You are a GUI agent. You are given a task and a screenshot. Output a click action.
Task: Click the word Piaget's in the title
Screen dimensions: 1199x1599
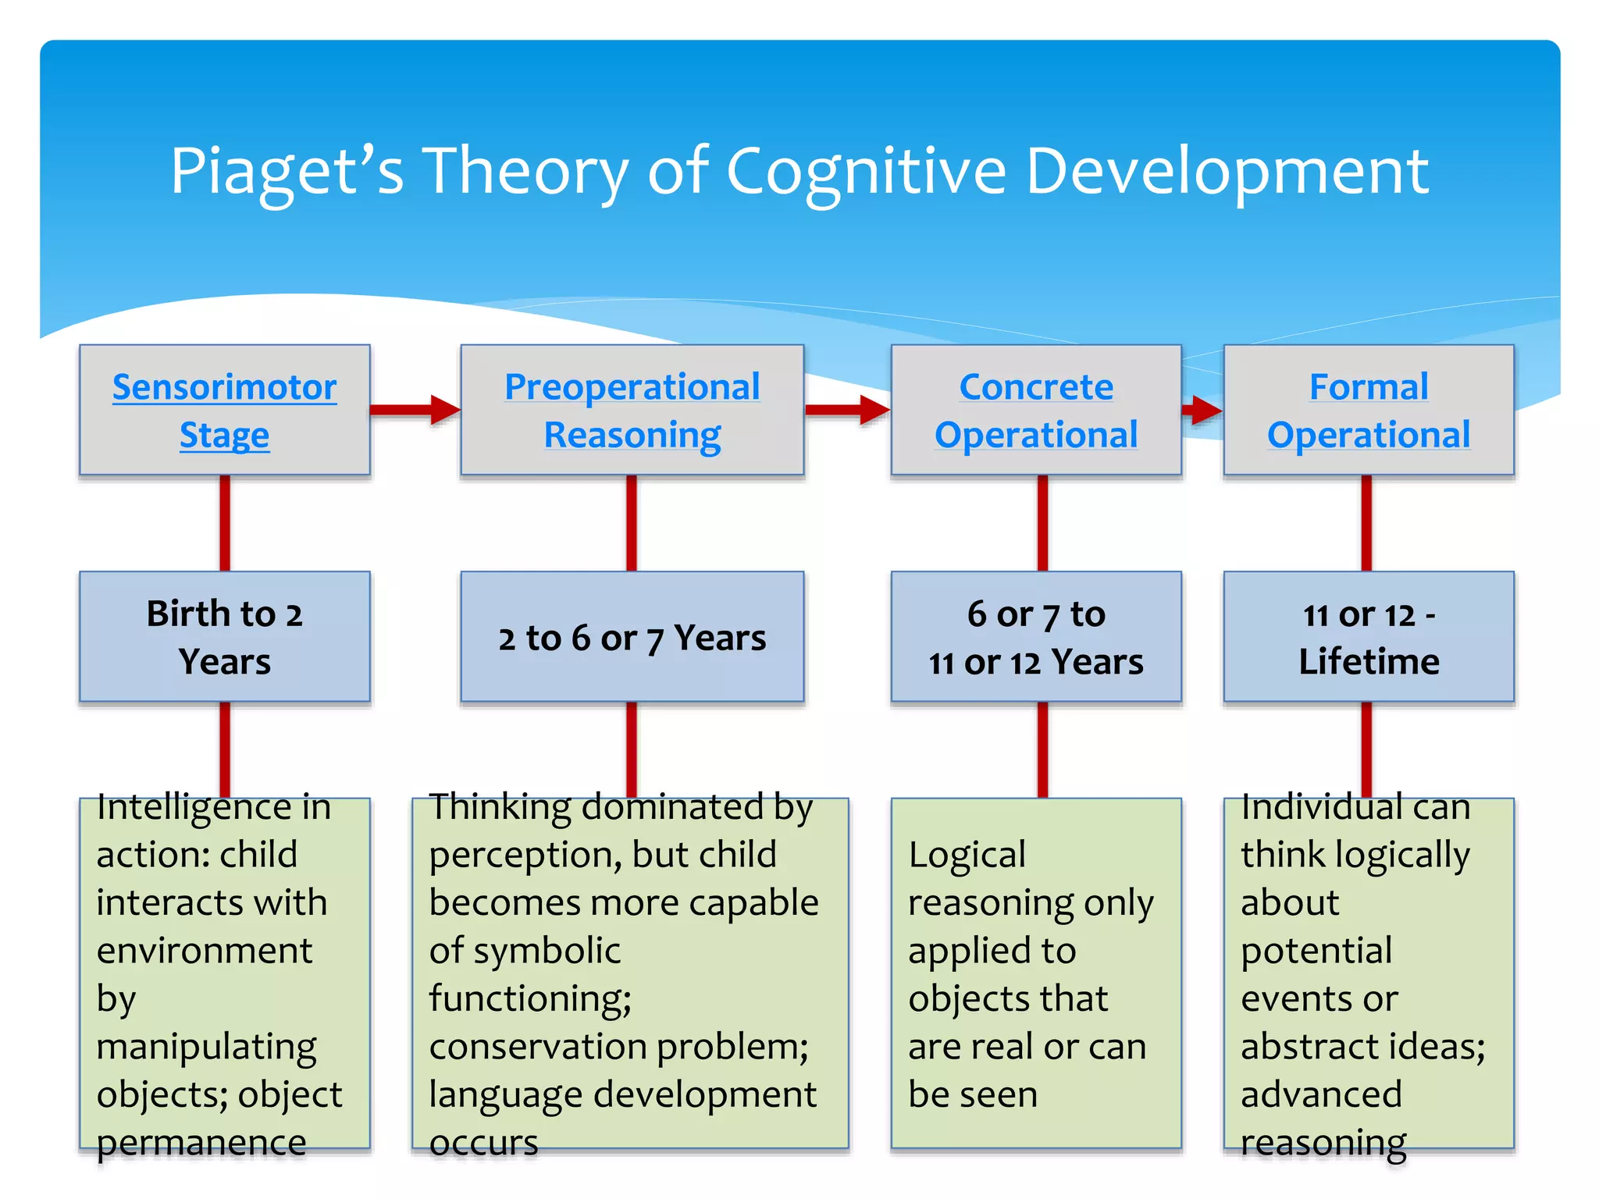pos(287,172)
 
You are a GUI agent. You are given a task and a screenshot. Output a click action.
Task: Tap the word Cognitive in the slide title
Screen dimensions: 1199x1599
pos(867,172)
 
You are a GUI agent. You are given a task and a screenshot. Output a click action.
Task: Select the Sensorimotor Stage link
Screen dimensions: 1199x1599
pos(224,411)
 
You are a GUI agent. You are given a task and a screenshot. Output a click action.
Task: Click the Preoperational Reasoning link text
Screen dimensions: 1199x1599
pos(632,411)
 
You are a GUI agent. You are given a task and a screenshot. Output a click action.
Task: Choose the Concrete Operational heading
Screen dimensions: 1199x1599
pos(1036,411)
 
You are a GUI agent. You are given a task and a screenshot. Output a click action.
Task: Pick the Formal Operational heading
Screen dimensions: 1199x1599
pos(1369,411)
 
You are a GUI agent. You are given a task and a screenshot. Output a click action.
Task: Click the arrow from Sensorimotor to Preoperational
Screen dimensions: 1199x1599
pos(415,410)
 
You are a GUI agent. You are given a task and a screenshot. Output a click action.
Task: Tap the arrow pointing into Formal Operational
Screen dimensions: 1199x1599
pos(1202,410)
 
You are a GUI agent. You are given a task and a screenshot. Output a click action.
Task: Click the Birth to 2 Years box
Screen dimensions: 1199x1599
pos(224,637)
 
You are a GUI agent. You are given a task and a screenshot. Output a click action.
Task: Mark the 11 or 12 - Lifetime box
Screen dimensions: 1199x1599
pos(1369,637)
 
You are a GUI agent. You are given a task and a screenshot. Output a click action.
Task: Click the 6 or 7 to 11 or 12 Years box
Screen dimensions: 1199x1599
pos(1036,637)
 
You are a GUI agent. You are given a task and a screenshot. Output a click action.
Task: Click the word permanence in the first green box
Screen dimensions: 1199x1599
pos(201,1143)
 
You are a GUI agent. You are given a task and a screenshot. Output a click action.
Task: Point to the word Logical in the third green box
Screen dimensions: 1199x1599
pos(967,856)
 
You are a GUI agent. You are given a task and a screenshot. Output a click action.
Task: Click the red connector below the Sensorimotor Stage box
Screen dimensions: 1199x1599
pos(225,523)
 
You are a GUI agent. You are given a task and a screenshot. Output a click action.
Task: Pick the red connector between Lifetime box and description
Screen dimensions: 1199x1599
pos(1366,749)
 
